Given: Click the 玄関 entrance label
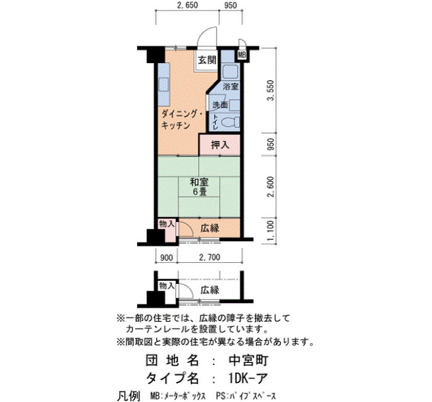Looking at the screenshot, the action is point(207,60).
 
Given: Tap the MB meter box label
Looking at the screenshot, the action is point(242,55).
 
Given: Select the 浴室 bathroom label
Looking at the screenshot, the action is point(230,87).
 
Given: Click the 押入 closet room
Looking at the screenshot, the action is point(220,145).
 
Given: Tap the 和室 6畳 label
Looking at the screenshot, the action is point(199,187).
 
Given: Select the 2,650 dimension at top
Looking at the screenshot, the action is point(188,5).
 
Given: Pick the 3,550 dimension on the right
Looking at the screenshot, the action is point(271,90).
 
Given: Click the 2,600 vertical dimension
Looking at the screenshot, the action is point(271,187).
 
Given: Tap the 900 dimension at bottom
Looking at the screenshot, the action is point(167,258).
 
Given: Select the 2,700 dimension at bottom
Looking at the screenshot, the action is point(210,258).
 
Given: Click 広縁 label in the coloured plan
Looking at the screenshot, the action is point(210,228).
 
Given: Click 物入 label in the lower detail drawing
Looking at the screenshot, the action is point(167,286).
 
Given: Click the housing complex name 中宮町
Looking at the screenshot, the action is point(249,361).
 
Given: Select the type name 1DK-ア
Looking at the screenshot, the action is point(247,378).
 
